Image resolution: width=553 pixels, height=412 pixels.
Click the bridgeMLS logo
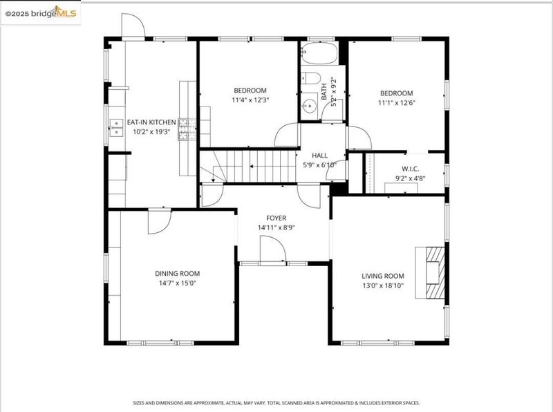click(41, 13)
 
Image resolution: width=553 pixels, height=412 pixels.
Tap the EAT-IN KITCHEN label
click(151, 122)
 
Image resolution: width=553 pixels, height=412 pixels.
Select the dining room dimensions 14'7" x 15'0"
click(178, 283)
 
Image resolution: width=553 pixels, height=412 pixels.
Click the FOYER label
click(276, 218)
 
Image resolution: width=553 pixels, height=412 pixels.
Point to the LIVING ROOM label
click(383, 276)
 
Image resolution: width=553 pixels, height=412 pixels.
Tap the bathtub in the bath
click(319, 53)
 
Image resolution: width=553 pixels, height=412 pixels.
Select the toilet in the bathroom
click(310, 78)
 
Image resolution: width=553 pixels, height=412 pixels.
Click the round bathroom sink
click(309, 105)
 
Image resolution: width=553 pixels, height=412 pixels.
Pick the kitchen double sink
click(116, 128)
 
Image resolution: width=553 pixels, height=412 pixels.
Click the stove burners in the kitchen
click(187, 129)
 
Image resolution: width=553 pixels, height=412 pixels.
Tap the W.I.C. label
click(410, 169)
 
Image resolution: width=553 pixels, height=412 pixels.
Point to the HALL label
click(319, 156)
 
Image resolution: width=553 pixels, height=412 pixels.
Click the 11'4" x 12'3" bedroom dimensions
click(250, 100)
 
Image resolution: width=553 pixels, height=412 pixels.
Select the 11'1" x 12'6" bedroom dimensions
click(396, 102)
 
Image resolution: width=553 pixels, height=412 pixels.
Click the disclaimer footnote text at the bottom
click(276, 403)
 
